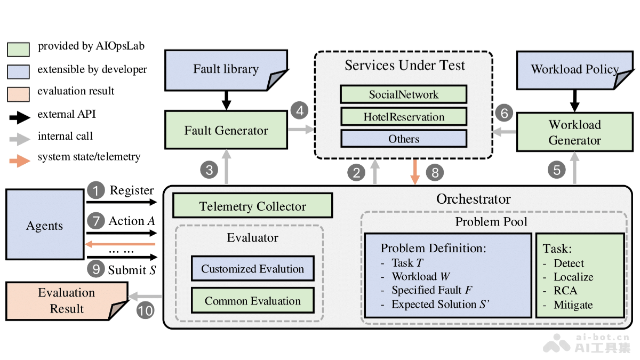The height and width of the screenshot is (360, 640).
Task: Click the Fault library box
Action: click(226, 69)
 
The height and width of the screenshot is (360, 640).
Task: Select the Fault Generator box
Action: click(226, 131)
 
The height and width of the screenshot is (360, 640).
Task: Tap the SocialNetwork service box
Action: click(404, 94)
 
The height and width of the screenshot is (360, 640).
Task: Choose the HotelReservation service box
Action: click(404, 117)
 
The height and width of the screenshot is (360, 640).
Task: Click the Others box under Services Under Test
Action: click(404, 139)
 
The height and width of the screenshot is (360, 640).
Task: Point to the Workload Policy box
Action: click(575, 69)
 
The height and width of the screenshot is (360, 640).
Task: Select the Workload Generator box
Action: click(574, 133)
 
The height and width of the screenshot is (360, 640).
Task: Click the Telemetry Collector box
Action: click(252, 206)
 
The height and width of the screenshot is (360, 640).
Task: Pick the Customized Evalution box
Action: click(252, 269)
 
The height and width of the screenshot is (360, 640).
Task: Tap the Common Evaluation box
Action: click(252, 301)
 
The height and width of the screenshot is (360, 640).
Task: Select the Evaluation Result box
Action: click(67, 301)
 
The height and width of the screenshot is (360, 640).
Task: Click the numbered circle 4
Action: click(299, 111)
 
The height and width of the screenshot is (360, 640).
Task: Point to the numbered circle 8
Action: click(435, 172)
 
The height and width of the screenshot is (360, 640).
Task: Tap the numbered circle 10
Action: click(145, 310)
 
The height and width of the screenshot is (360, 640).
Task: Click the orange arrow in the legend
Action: click(20, 158)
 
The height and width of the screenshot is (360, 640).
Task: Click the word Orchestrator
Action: click(473, 199)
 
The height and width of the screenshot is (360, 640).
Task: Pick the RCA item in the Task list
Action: click(565, 291)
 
